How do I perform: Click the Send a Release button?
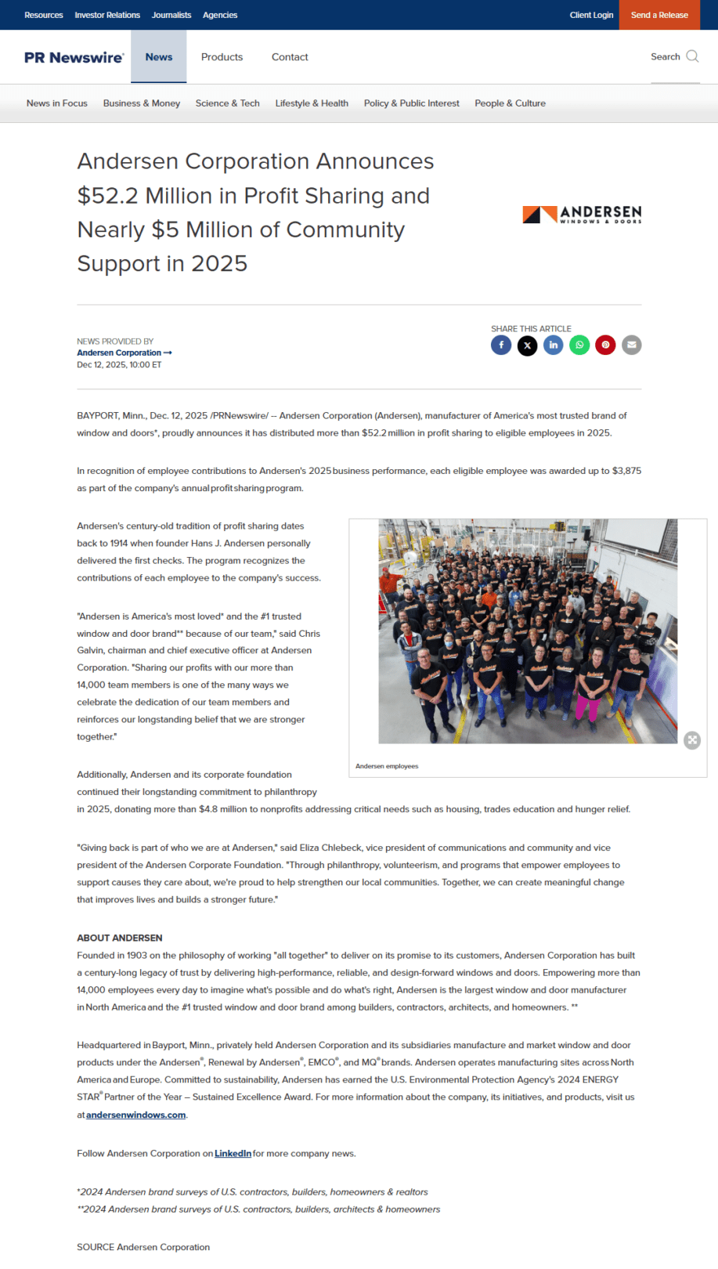pos(659,15)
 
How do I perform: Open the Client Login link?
pos(591,15)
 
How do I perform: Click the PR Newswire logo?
pos(74,57)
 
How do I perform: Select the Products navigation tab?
pos(222,57)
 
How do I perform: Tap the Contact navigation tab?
pos(290,57)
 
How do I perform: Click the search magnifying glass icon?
pos(692,56)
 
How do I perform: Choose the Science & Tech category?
pos(227,103)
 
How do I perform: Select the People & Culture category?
pos(510,103)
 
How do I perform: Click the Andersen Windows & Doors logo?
pos(582,214)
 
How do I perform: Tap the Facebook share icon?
pos(501,345)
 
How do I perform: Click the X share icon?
pos(527,345)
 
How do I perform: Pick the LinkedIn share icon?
pos(554,345)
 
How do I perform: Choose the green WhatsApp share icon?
pos(579,345)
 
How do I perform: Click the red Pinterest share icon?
pos(605,345)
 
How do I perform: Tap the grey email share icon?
pos(632,345)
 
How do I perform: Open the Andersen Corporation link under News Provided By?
pos(120,353)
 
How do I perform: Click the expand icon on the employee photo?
pos(692,740)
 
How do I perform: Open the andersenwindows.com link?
pos(135,1115)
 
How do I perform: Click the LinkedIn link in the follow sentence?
pos(233,1154)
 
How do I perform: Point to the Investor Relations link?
pos(107,15)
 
